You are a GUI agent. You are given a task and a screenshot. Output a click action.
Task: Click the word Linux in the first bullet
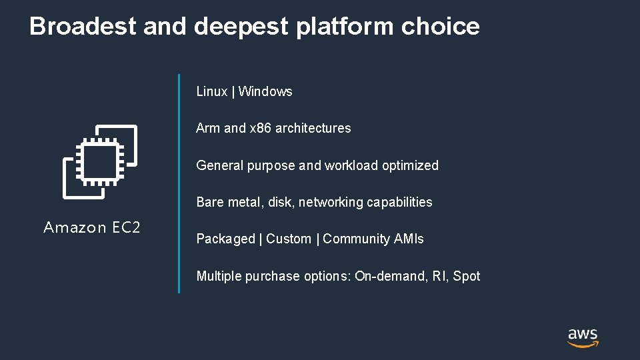click(212, 92)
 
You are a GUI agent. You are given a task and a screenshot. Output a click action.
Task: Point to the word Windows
click(265, 92)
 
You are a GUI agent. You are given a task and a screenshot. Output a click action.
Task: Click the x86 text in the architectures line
click(261, 129)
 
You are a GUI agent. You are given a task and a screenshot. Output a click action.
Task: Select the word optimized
click(411, 165)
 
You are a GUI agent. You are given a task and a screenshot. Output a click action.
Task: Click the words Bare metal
click(225, 202)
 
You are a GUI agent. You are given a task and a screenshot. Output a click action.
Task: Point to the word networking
click(326, 202)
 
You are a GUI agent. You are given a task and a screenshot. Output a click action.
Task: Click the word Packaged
click(225, 239)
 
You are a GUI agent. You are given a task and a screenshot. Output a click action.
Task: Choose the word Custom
click(289, 239)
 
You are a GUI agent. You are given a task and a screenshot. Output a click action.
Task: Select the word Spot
click(467, 276)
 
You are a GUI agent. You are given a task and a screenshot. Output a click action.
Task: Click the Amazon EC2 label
click(92, 228)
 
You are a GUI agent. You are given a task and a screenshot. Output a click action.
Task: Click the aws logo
click(583, 337)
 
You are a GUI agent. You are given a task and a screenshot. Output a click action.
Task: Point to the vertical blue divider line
click(179, 183)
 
